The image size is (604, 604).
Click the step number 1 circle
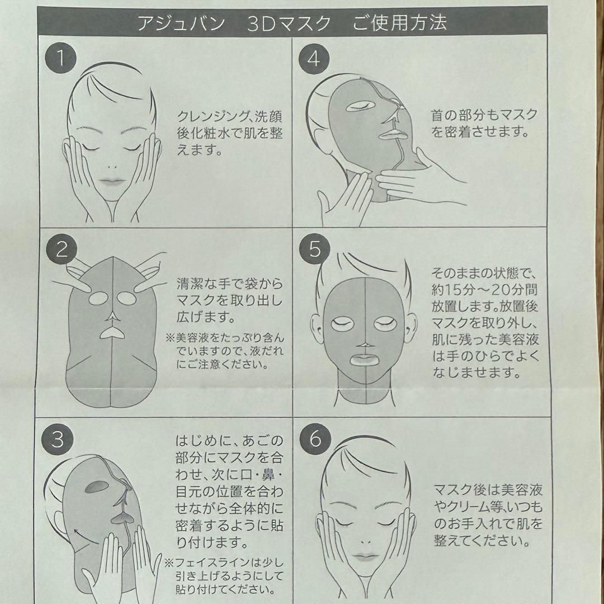(x=60, y=58)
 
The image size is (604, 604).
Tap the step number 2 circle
(x=62, y=249)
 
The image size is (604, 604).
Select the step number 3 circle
(x=58, y=439)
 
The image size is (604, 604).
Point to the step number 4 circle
(x=314, y=59)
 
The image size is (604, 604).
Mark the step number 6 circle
(x=315, y=438)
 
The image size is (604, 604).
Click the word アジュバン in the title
(x=181, y=23)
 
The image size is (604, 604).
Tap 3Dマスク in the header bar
(x=289, y=23)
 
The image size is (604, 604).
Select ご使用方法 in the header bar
(x=400, y=23)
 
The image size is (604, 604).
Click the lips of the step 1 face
(x=111, y=181)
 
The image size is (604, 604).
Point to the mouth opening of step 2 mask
(x=112, y=333)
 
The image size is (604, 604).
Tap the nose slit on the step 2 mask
(x=112, y=317)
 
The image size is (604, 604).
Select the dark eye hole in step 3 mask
(x=95, y=487)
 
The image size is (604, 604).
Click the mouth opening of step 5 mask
(x=365, y=360)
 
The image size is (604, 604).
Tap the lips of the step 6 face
(x=364, y=557)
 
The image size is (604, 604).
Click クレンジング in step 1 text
(x=210, y=116)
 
